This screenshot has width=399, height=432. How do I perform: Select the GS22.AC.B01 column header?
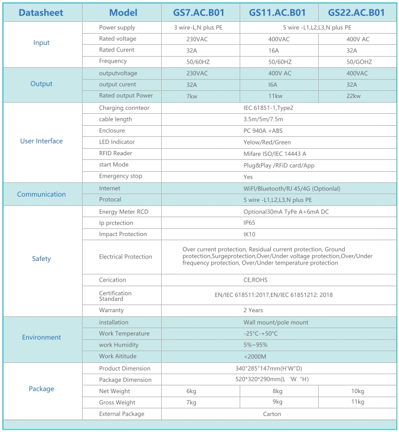point(357,12)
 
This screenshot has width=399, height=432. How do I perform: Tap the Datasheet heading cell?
point(41,12)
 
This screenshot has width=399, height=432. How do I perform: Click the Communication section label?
point(41,194)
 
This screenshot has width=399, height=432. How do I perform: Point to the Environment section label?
point(41,338)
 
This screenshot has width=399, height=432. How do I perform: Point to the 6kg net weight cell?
point(191,391)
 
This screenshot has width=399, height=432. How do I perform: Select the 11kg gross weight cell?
point(358,402)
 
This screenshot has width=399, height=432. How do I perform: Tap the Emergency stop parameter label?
point(120,176)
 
